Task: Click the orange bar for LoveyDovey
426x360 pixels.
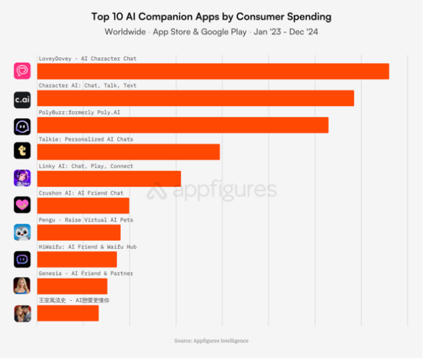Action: pos(213,71)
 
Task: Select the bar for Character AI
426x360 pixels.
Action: pos(195,98)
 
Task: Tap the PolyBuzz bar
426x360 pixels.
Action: pos(183,125)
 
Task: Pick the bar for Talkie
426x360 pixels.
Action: pos(128,152)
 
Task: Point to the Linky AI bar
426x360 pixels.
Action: pos(109,179)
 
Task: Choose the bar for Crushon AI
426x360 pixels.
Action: pos(83,206)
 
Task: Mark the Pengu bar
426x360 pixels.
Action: pos(79,232)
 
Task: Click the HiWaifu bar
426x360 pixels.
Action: pos(77,260)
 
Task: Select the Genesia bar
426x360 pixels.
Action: pos(72,286)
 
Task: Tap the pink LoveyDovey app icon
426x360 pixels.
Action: pos(22,71)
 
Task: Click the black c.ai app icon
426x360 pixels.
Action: pos(22,100)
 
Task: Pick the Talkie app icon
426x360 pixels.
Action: pos(22,151)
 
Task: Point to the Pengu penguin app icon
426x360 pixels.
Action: pos(22,232)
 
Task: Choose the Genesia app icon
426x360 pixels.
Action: pos(22,285)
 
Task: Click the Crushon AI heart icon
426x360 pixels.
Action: pos(22,204)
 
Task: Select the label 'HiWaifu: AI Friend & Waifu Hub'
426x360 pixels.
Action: pos(87,247)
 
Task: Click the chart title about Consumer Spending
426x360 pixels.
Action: pos(211,16)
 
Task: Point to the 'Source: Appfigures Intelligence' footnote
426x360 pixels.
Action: pos(211,341)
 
